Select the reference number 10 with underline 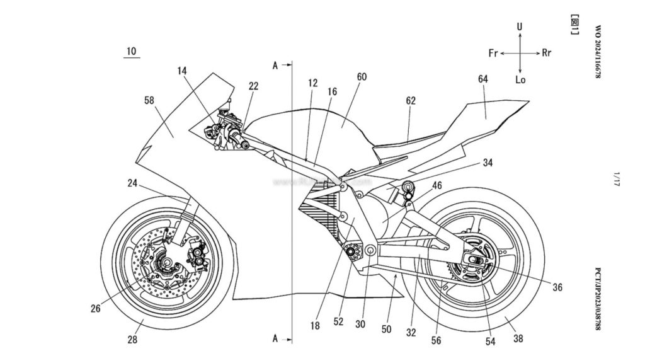130,50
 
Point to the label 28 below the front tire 132,340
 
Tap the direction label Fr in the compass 494,53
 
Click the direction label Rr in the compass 546,53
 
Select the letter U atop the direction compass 520,27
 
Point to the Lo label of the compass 520,80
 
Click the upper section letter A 275,64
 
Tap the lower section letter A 275,339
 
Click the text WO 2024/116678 598,52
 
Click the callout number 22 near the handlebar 253,86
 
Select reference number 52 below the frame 339,321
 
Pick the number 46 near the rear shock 436,185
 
